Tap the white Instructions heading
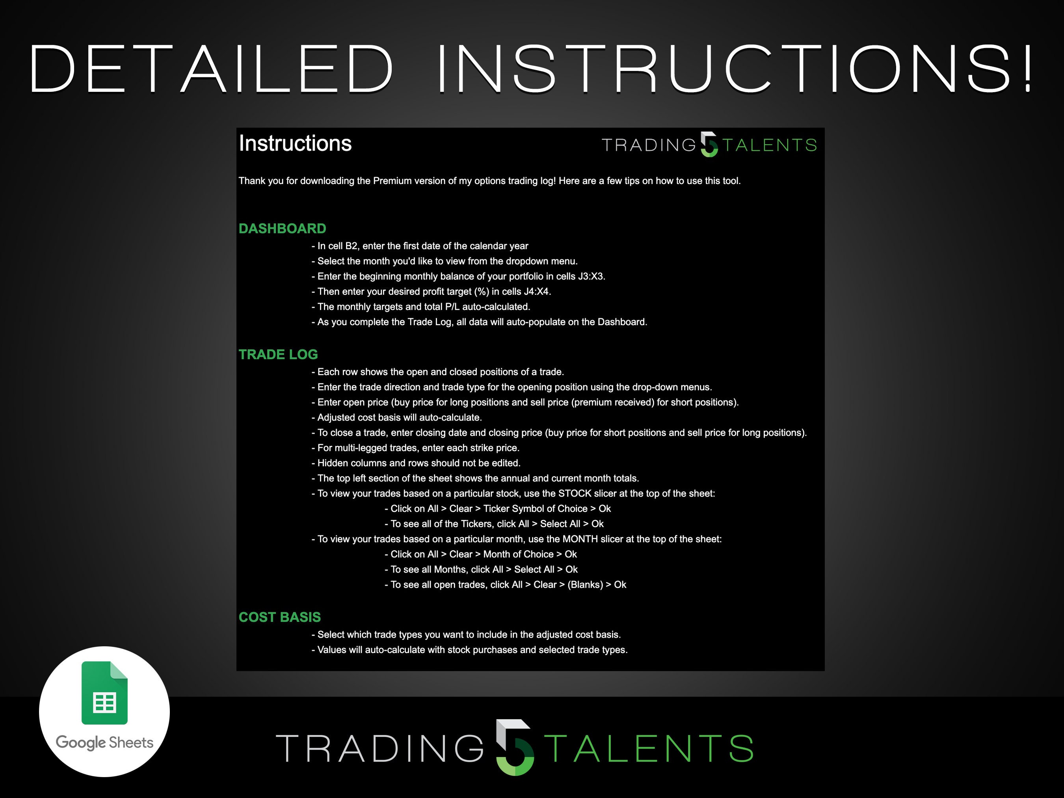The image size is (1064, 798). [x=295, y=143]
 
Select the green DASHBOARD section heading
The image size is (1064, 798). [x=283, y=229]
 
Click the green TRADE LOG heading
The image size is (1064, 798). [x=278, y=355]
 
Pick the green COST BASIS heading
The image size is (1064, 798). [x=279, y=617]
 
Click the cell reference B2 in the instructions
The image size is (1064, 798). [x=351, y=246]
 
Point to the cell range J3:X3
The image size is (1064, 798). [x=591, y=277]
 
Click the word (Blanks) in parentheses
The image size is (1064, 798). [x=585, y=585]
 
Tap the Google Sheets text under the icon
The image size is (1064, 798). [x=104, y=742]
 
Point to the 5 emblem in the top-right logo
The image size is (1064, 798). [x=709, y=144]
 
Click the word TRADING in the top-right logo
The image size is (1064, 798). [x=648, y=145]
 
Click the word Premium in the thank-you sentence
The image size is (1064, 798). [x=390, y=181]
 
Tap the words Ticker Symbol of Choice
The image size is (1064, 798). [x=535, y=508]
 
